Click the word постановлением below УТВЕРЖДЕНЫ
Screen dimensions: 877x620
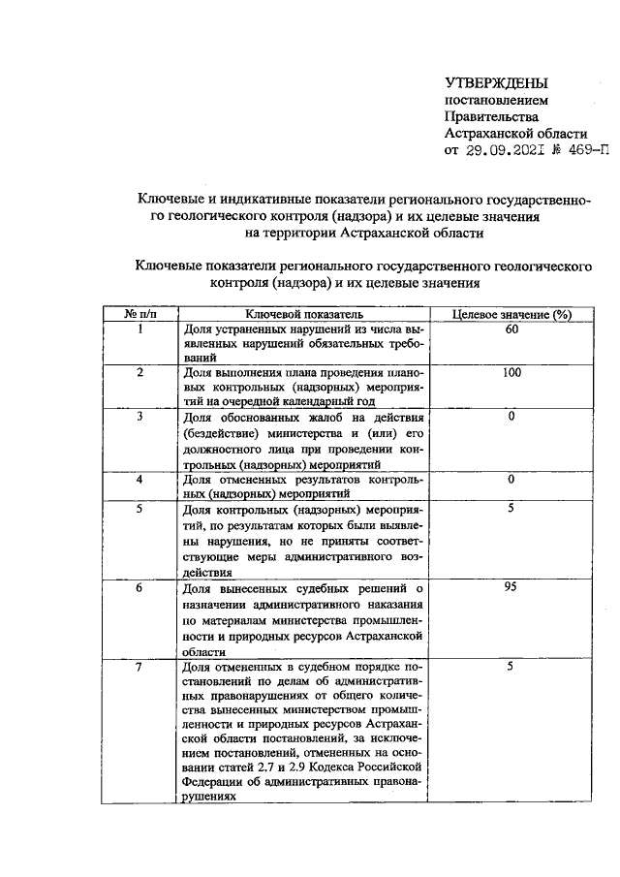495,100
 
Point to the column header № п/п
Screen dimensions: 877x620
140,315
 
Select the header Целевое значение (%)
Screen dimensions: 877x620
511,315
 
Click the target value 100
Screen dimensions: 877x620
511,372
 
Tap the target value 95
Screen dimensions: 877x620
511,587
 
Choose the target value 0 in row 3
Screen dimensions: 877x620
511,416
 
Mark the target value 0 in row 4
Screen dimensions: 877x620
511,479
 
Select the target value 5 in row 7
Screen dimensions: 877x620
511,666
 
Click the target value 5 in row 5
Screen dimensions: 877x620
511,507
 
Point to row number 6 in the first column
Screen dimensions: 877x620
140,587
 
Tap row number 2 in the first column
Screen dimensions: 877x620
140,372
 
